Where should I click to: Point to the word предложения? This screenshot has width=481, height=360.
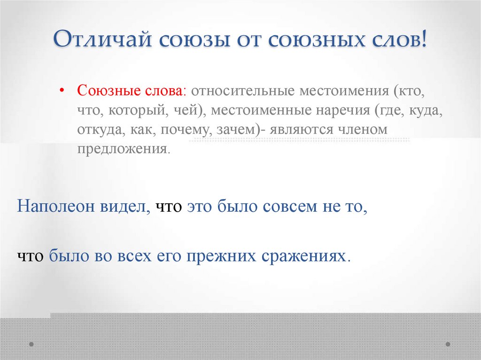coord(122,149)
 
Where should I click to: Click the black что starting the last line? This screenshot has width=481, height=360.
coord(31,257)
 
